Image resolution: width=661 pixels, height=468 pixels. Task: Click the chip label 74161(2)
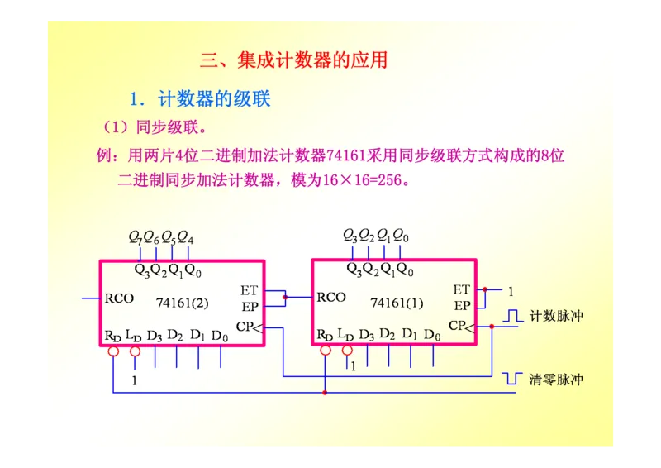coord(182,303)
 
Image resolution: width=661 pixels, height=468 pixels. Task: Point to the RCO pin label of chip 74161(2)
coord(119,298)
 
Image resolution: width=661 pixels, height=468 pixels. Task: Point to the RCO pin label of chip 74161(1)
coord(331,298)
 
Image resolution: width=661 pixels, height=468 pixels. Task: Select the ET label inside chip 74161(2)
coord(250,290)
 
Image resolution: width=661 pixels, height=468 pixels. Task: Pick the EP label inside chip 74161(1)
coord(462,305)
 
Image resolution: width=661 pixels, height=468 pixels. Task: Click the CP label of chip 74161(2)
coord(245,327)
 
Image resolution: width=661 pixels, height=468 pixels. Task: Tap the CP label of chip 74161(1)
coord(458,326)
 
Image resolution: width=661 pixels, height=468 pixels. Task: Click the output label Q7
coord(135,237)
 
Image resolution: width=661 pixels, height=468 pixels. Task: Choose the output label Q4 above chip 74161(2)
coord(186,238)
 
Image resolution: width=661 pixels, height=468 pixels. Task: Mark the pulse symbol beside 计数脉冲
coord(514,316)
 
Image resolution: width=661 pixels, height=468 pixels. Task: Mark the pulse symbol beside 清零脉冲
coord(513,379)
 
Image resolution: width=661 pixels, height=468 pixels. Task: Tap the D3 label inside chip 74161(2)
coord(155,335)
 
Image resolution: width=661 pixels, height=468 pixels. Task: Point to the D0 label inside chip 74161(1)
coord(432,335)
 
